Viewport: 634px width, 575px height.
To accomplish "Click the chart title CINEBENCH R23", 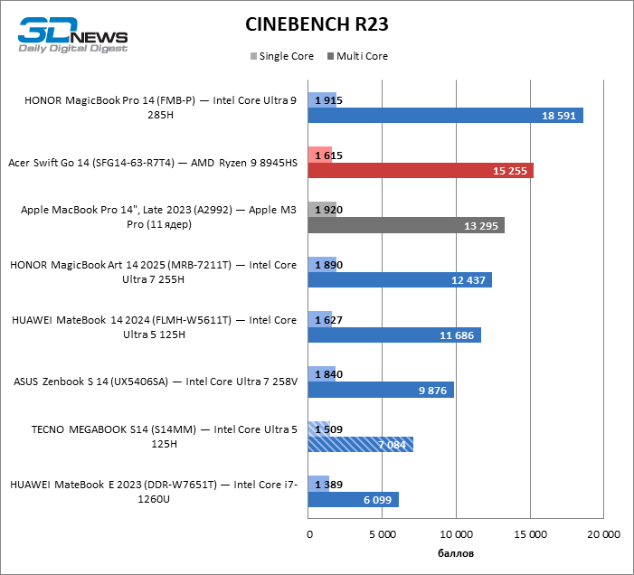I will (316, 24).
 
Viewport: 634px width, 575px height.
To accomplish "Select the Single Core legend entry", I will (281, 56).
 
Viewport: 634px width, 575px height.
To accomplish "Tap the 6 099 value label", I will (378, 499).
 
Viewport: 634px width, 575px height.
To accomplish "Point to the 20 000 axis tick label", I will (602, 534).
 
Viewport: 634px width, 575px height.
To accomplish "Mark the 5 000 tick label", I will (383, 534).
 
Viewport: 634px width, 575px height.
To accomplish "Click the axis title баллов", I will (455, 552).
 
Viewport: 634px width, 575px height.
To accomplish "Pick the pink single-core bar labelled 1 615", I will (320, 155).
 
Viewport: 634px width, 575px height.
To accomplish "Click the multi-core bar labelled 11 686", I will (394, 335).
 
